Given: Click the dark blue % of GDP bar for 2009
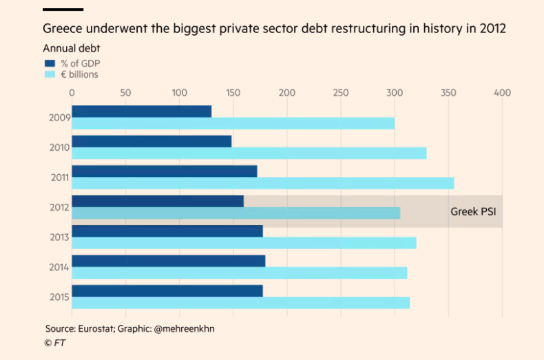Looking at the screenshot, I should pyautogui.click(x=141, y=112).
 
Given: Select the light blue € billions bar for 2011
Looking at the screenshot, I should pyautogui.click(x=262, y=183).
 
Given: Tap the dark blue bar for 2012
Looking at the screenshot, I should pyautogui.click(x=158, y=201).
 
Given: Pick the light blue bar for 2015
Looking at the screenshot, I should pyautogui.click(x=240, y=303).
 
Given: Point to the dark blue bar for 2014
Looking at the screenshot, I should pyautogui.click(x=168, y=261).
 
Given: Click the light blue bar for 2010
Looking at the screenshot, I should pyautogui.click(x=249, y=153).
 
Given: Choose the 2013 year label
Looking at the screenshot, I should pyautogui.click(x=58, y=237).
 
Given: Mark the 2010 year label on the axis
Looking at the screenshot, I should pyautogui.click(x=58, y=147).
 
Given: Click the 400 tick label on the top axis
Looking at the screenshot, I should pyautogui.click(x=502, y=92).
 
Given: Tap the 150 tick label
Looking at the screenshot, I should pyautogui.click(x=233, y=92).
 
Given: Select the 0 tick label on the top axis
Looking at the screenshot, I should pyautogui.click(x=72, y=92).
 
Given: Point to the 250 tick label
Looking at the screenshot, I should pyautogui.click(x=340, y=92).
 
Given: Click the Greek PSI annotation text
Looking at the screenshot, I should pyautogui.click(x=473, y=211).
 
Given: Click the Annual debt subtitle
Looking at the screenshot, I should pyautogui.click(x=71, y=48).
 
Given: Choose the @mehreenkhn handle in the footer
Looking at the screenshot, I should pyautogui.click(x=184, y=328).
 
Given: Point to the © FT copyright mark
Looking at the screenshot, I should pyautogui.click(x=53, y=342).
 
